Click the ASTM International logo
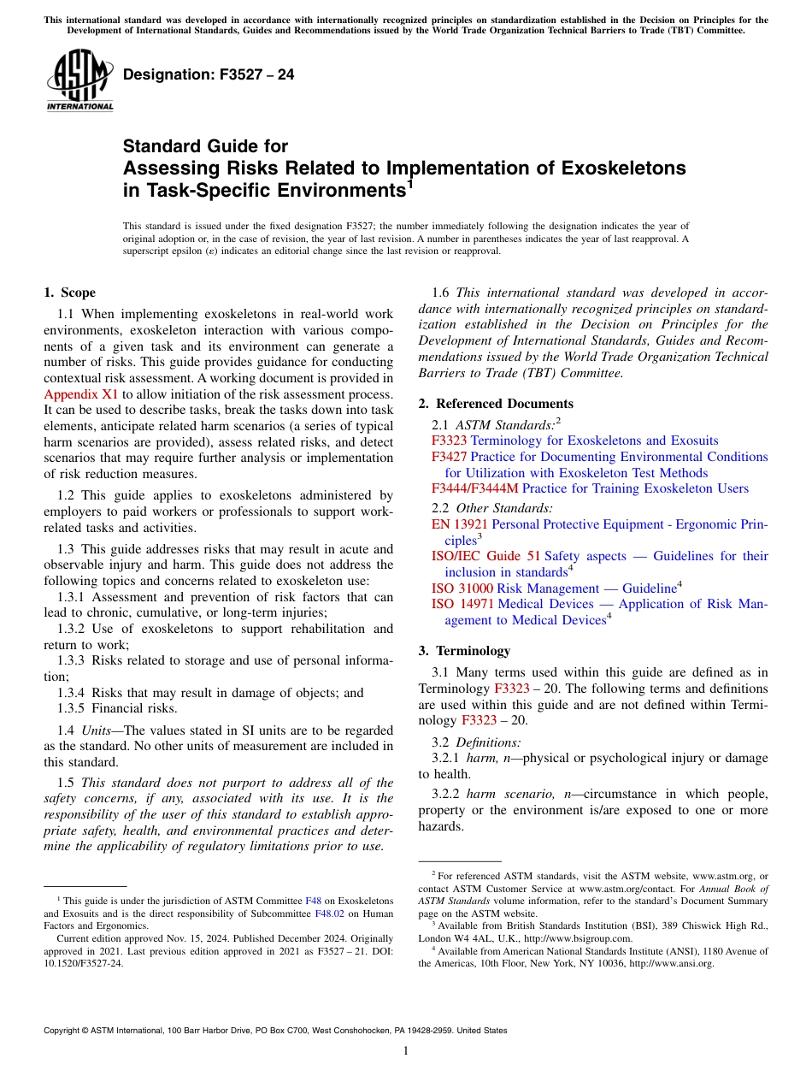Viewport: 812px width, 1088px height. tap(79, 80)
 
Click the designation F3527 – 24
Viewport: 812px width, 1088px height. tap(209, 75)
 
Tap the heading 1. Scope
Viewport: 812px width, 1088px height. tap(69, 293)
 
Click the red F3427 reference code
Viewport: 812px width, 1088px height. tap(449, 457)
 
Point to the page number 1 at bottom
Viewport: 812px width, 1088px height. tap(406, 1050)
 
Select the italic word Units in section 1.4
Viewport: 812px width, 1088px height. tap(101, 730)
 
